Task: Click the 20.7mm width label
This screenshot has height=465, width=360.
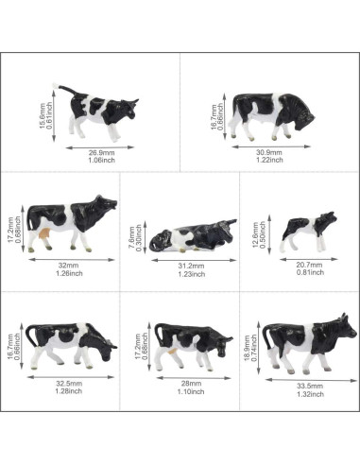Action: (x=306, y=265)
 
